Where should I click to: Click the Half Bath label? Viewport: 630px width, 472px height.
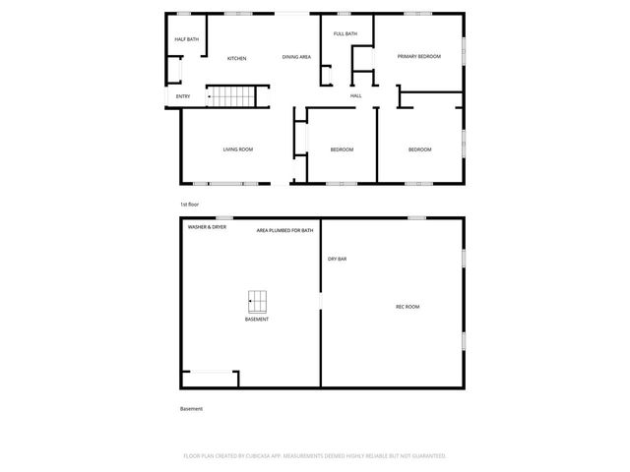187,39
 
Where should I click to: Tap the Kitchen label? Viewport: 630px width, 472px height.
237,59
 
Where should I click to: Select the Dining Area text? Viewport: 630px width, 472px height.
296,57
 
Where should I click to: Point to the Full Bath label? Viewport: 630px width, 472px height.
345,34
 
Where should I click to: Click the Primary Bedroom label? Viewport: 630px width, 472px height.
418,57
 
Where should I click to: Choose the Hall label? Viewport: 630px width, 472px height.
355,95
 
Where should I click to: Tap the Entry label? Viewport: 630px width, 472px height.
183,96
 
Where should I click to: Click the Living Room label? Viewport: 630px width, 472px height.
237,149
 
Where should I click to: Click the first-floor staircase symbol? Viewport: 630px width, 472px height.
230,96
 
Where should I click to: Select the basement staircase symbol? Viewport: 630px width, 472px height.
258,301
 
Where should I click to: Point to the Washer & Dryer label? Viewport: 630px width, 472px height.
207,227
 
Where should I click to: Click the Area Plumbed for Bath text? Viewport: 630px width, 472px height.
284,230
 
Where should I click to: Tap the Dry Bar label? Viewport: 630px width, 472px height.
337,259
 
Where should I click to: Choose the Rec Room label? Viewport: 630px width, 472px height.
408,307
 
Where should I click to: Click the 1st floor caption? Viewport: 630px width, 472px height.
189,204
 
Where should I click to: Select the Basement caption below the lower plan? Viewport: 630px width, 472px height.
191,408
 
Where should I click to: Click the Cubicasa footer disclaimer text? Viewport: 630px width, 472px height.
315,456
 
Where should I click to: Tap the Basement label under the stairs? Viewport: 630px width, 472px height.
257,320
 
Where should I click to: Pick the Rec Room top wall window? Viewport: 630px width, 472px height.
417,217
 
